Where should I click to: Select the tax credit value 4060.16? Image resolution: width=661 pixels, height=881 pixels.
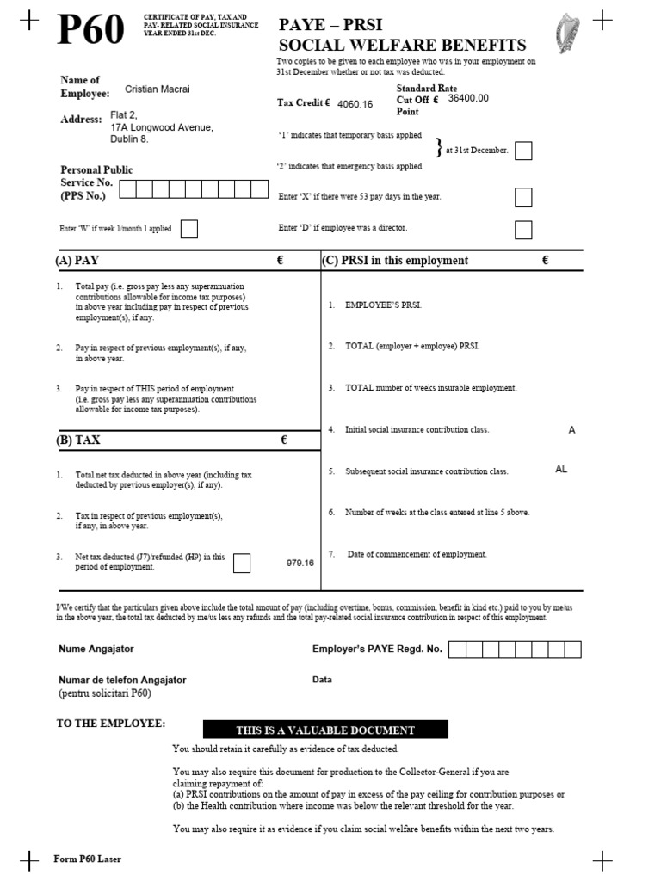click(355, 104)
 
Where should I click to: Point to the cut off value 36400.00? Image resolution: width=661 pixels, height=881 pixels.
click(468, 98)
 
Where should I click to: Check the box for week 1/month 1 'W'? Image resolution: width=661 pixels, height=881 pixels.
click(189, 229)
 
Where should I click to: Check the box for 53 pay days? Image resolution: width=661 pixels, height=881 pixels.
click(523, 198)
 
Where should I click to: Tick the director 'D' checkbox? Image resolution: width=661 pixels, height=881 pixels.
click(523, 230)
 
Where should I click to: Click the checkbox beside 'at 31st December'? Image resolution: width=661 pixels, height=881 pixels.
click(523, 151)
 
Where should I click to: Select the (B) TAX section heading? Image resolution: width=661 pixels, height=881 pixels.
click(78, 440)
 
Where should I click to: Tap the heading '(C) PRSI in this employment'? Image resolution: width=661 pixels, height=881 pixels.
click(395, 261)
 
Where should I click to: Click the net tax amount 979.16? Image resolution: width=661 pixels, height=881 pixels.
click(300, 563)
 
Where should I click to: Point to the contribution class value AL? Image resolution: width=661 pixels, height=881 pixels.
click(561, 470)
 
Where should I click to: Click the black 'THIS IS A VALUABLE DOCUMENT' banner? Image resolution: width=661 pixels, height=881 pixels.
click(325, 730)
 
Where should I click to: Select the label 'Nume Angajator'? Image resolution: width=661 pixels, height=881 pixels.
click(96, 649)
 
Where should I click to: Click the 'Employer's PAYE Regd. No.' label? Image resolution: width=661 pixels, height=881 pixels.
click(377, 649)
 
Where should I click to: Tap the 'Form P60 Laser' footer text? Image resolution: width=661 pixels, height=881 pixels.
click(88, 859)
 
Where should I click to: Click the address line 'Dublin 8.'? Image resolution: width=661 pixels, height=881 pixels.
click(129, 139)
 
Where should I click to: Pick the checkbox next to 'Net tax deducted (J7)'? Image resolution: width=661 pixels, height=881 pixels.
click(242, 563)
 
